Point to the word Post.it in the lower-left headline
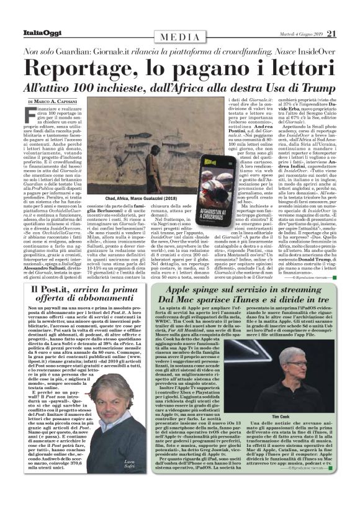coord(48,292)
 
